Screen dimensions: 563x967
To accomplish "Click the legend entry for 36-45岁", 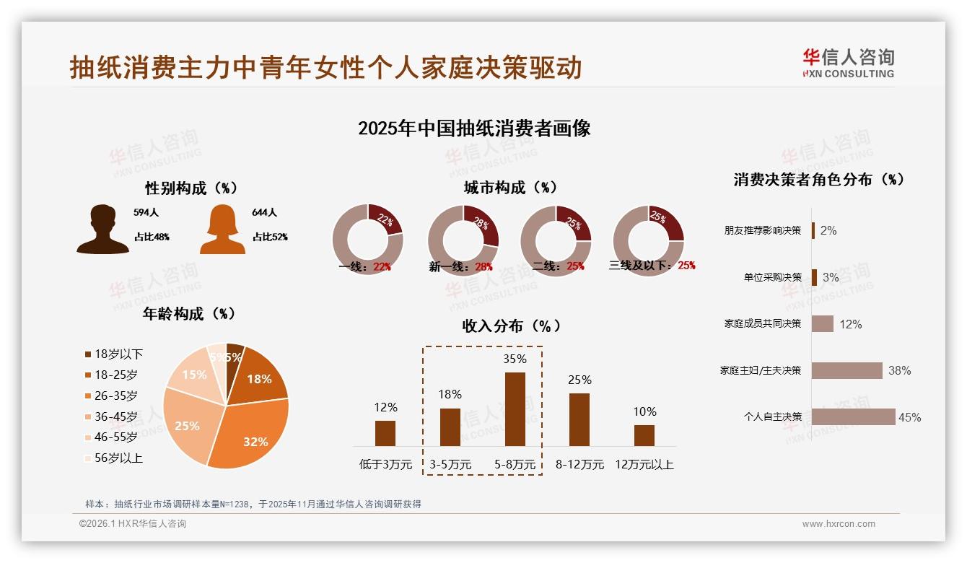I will point(115,416).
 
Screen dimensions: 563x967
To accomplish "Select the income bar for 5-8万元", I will point(515,409).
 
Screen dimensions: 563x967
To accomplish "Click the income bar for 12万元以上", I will point(644,435).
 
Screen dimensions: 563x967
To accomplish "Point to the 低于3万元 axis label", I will point(385,465).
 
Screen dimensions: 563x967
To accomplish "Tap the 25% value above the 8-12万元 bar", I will point(579,380).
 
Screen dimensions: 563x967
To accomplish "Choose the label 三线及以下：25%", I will point(652,266).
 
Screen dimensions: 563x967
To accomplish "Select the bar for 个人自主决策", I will point(853,416).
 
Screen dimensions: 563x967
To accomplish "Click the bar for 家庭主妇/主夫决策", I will point(846,370).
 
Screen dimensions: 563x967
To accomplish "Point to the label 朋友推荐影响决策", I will point(763,230).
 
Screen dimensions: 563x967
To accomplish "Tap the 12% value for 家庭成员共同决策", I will point(850,324).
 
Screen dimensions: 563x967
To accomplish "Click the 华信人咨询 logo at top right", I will point(848,63).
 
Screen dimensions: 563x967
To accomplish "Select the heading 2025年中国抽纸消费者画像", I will point(474,128).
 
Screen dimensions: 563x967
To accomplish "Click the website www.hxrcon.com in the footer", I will point(839,524).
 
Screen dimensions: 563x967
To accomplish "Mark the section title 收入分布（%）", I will point(511,326).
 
